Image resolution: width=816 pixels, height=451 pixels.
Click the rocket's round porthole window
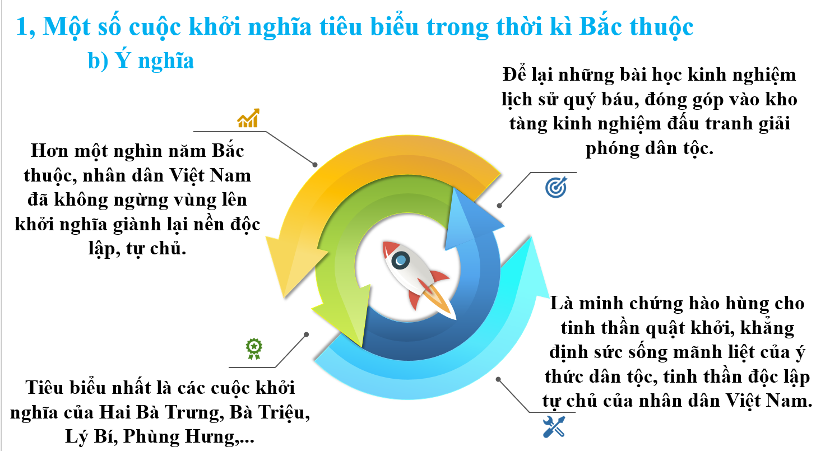coord(400,261)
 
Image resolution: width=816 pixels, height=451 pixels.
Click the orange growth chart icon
coord(248,118)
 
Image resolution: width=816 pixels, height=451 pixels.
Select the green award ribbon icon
coord(254,348)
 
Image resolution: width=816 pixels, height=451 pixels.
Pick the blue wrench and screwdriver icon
coord(554,426)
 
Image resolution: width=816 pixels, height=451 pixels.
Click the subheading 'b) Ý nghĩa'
coord(141,60)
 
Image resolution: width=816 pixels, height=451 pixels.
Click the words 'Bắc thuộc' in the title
coord(636,26)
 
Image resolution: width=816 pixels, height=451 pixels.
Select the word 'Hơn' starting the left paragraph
coord(49,150)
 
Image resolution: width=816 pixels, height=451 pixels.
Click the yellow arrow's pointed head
coord(284,297)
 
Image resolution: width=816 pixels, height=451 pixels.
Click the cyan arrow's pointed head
coord(531,238)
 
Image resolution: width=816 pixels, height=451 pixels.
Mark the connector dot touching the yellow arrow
coord(315,165)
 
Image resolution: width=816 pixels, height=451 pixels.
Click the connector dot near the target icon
coord(499,206)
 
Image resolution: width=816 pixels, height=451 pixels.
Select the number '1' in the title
coord(22,27)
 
